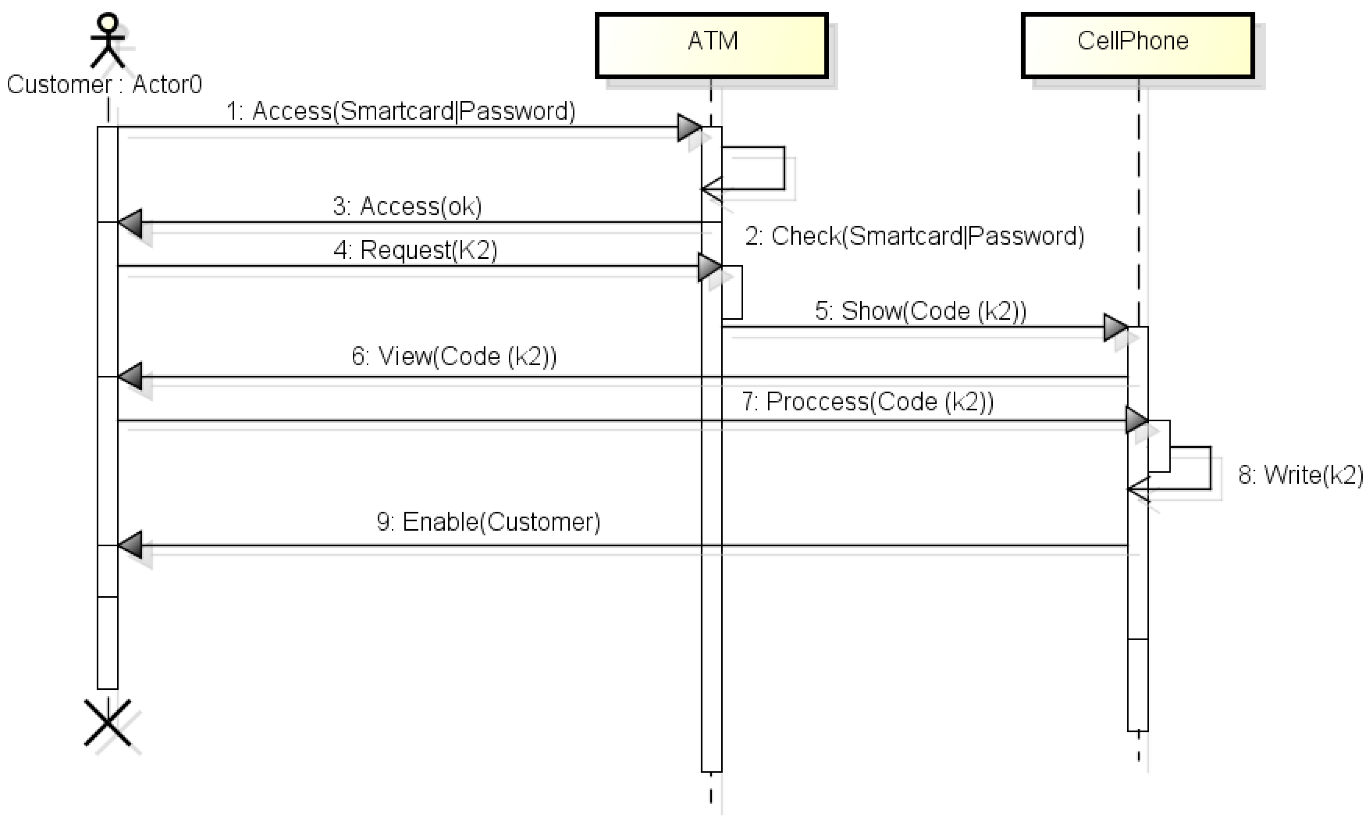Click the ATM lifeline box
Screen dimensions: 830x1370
click(x=712, y=45)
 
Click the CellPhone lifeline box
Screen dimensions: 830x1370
click(x=1138, y=45)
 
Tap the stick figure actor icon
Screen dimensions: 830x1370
click(x=107, y=40)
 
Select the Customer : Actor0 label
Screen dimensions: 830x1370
click(x=104, y=84)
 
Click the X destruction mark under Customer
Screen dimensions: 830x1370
click(x=107, y=723)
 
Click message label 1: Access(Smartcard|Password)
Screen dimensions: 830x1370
click(x=401, y=111)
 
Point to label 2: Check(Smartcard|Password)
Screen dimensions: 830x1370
click(x=915, y=236)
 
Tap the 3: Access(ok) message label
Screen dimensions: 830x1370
click(x=407, y=206)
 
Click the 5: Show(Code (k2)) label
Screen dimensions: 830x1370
click(x=921, y=311)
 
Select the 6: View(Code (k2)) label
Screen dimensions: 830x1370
click(x=454, y=356)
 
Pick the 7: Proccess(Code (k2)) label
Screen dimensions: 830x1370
click(x=868, y=401)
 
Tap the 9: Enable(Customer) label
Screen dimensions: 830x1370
click(x=488, y=522)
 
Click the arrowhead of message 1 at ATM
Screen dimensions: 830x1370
click(x=689, y=127)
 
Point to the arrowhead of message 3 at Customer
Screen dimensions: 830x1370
click(x=130, y=223)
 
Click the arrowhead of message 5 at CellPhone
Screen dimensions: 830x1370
click(x=1115, y=327)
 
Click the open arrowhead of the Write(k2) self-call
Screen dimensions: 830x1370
click(x=1138, y=490)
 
